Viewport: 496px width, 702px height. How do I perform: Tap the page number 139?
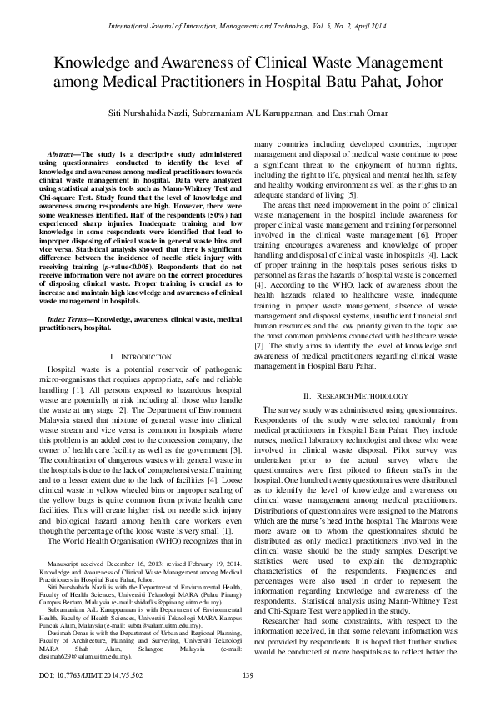tap(248, 674)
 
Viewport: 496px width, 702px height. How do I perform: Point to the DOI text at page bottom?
tap(73, 674)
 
